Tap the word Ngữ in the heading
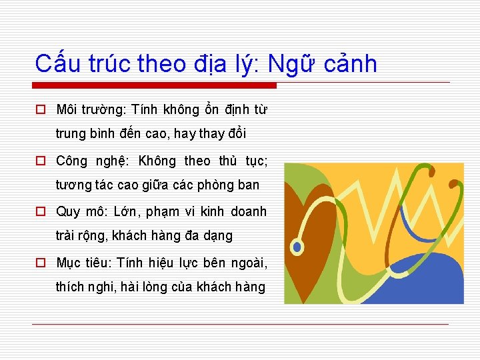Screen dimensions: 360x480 point(291,64)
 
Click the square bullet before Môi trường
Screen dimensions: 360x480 point(41,109)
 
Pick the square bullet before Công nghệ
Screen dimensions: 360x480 point(41,161)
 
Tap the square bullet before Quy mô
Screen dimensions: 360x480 point(41,212)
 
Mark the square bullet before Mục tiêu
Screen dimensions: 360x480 point(41,263)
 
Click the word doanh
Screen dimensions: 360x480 point(248,212)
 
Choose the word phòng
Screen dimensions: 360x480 point(215,185)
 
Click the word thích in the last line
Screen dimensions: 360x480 point(71,287)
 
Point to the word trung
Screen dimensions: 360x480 point(71,134)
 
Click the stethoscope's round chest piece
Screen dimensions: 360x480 point(297,247)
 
